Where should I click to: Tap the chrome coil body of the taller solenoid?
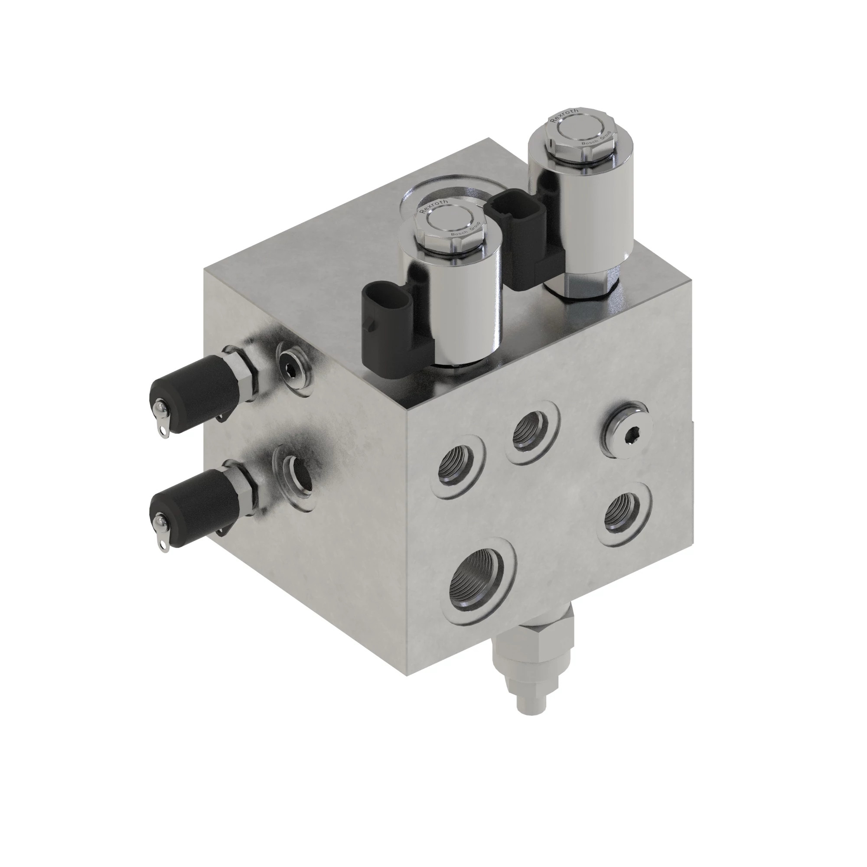tap(579, 211)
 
